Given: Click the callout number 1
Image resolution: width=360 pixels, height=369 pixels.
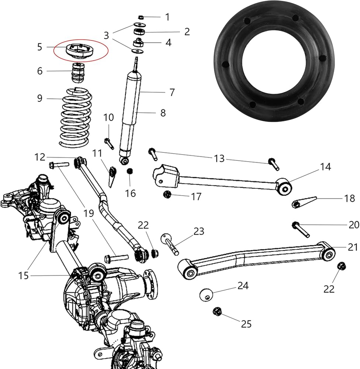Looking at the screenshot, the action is (167, 17).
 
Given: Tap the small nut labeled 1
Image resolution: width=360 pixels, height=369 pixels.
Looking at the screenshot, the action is (141, 17).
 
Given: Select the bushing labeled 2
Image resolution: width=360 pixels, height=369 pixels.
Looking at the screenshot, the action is (139, 31).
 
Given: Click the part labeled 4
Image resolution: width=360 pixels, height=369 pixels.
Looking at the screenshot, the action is (139, 43).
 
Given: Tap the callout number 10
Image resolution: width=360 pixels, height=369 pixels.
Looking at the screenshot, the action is (108, 117).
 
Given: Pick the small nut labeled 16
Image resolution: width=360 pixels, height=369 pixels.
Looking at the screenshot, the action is (129, 171).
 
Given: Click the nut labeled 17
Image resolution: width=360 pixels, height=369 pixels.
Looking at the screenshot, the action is (167, 194).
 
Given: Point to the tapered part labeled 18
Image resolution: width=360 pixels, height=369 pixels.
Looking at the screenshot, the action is (304, 202).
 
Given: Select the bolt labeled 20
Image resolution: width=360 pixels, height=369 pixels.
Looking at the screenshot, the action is (301, 229).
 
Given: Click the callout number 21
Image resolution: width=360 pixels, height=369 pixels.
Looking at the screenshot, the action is (353, 247).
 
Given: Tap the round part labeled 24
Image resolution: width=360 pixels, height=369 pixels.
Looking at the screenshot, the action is (206, 294).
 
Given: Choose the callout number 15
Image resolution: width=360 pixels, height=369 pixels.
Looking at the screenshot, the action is (23, 276).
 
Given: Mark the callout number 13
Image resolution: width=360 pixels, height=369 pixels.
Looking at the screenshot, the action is (219, 158).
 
